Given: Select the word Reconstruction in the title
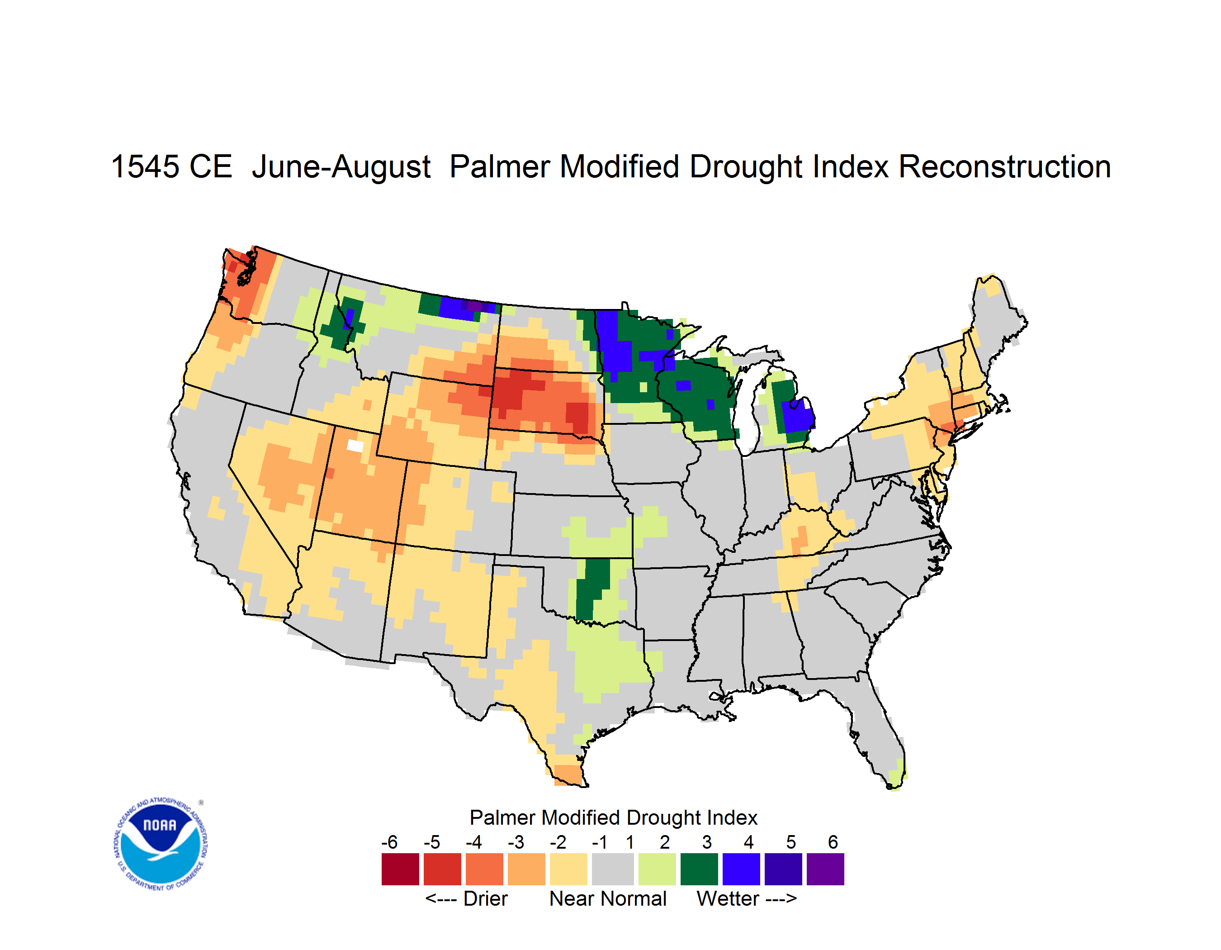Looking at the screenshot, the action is coord(1005,166).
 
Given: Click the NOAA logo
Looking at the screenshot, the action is coord(161,844).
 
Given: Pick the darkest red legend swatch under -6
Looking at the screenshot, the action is coord(400,869).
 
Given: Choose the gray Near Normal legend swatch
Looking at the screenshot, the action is coord(613,869).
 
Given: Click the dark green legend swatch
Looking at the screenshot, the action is coord(699,869).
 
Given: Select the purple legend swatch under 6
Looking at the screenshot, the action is coord(825,869).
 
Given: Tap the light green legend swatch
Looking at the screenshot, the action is coord(657,869).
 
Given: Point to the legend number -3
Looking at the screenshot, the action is coord(516,842).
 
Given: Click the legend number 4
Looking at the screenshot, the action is coord(748,842).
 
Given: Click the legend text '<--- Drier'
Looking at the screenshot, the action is coord(466,898).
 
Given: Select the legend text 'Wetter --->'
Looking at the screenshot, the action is coord(746,898).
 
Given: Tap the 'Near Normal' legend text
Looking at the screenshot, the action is coord(608,898).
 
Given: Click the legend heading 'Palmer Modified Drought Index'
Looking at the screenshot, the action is coord(613,817).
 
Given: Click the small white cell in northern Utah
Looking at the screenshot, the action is coord(355,446).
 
